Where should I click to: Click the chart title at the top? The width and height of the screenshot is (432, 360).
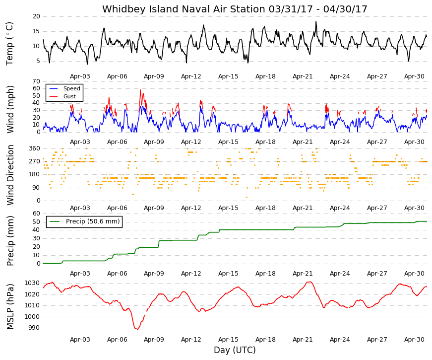coord(235,9)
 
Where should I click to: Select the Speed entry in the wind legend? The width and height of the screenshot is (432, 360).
coord(71,88)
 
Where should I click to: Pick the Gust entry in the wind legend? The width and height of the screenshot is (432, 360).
coord(69,96)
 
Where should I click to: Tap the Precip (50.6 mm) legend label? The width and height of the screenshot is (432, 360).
coord(93,221)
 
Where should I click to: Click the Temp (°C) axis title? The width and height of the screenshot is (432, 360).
coord(9,44)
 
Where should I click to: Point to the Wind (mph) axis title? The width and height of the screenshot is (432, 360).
coord(10,109)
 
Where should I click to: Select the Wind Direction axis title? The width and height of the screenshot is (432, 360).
coord(10,175)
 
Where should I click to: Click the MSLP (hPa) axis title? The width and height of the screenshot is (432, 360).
coord(10,307)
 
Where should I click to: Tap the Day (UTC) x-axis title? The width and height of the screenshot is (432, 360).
coord(235,350)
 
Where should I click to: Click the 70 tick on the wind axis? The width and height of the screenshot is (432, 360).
coord(36,81)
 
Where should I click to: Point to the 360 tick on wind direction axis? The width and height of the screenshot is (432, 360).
coord(34,148)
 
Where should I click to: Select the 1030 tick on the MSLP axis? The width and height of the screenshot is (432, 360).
coord(32,283)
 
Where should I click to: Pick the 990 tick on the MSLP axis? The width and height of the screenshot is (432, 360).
coord(34,328)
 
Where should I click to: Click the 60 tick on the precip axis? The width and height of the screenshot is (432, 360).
coord(36,213)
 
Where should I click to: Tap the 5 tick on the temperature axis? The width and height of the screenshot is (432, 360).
coord(38,61)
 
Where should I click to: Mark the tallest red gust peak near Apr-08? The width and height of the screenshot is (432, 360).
coord(140,90)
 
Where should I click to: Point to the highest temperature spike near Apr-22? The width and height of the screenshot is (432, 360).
coord(316,22)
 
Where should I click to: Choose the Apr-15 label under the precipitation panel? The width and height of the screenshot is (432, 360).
coord(228,274)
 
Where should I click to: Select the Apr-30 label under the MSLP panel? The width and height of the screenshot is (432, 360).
coord(414,339)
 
